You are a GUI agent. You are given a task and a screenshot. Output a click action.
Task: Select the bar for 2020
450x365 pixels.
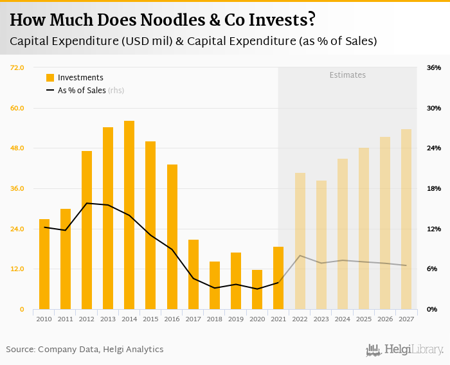point(257,289)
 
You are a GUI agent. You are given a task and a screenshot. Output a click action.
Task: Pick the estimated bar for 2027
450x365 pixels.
point(406,219)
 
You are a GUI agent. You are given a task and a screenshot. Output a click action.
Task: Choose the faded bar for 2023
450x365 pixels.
point(321,245)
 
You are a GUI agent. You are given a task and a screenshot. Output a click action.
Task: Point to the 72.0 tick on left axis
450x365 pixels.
point(17,67)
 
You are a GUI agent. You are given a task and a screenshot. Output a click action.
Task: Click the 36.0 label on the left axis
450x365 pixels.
point(17,188)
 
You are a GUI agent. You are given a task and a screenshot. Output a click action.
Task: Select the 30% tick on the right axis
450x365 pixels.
point(433,108)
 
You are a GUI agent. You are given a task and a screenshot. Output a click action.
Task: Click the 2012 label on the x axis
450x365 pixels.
point(87,319)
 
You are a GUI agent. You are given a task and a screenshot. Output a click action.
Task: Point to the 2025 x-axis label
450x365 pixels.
point(364,319)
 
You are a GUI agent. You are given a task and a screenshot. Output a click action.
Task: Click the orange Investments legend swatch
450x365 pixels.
point(50,78)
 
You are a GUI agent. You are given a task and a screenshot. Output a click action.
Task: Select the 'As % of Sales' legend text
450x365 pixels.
point(82,91)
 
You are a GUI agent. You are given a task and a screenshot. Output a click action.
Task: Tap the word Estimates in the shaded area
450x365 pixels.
point(347,75)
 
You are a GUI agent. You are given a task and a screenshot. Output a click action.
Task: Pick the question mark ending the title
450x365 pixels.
point(311,20)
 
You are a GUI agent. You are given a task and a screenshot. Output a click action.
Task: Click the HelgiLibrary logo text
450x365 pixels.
point(413,350)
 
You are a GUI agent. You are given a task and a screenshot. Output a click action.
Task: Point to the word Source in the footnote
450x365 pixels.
point(20,350)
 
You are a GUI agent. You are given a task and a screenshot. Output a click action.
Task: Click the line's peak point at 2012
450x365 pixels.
point(87,203)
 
